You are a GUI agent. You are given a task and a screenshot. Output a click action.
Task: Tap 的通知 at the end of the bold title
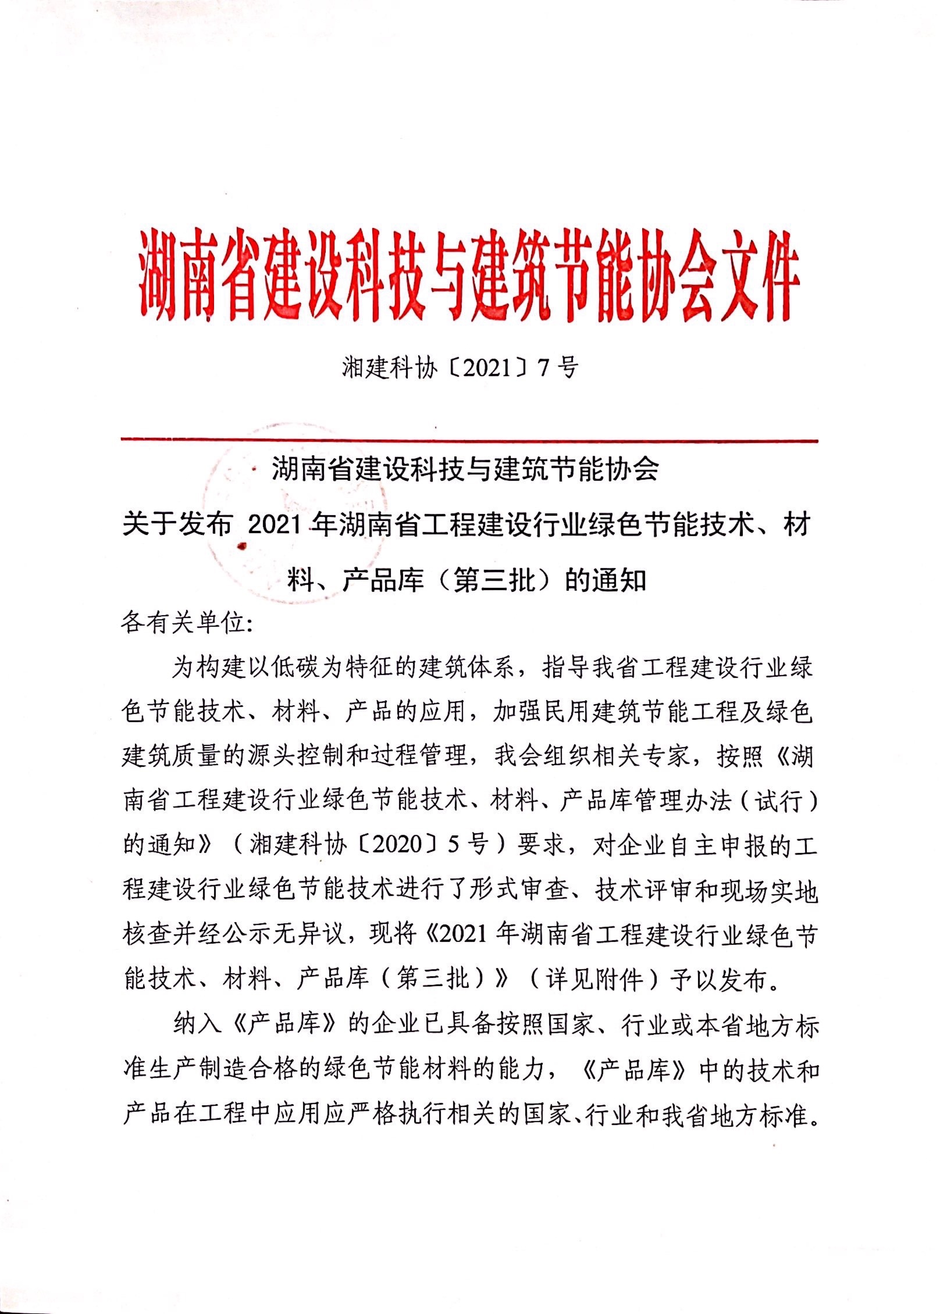tap(606, 580)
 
